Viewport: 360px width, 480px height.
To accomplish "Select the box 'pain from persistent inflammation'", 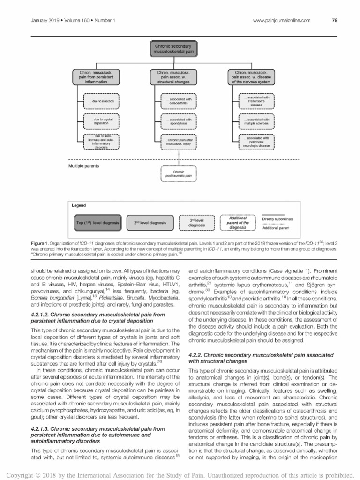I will [96, 77].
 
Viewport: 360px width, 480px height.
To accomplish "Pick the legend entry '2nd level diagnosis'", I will [150, 223].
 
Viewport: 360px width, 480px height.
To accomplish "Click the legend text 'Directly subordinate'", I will [277, 219].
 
